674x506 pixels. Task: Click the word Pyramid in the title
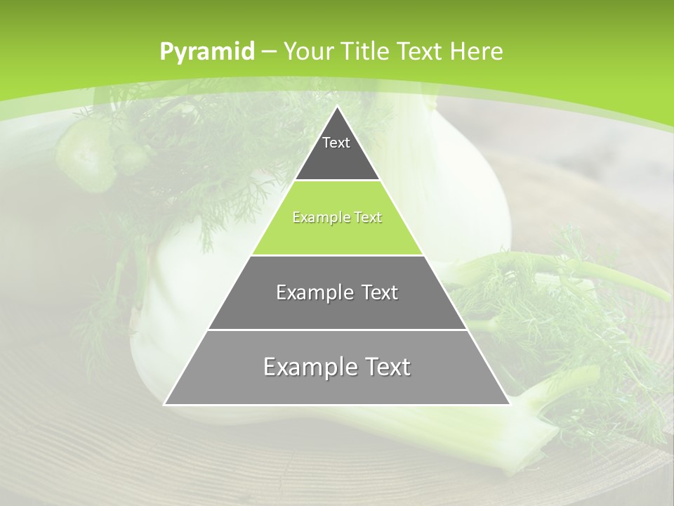pos(206,52)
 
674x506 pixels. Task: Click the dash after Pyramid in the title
pos(268,53)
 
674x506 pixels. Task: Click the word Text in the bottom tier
pos(385,367)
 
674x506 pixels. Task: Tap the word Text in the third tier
pos(380,292)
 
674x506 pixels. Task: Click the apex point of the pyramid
pos(337,108)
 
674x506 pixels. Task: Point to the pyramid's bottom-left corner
pos(165,404)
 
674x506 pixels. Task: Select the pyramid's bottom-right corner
pos(509,404)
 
